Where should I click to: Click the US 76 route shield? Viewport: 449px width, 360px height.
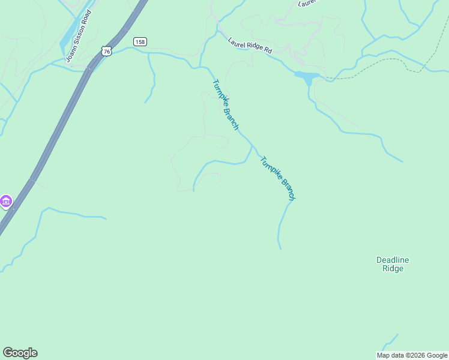click(107, 52)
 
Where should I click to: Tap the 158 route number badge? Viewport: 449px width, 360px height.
click(140, 41)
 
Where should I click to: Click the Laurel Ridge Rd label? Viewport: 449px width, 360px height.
click(250, 46)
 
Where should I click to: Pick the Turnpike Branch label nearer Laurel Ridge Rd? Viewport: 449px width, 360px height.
click(226, 104)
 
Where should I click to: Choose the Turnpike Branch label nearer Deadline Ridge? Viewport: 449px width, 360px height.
click(278, 178)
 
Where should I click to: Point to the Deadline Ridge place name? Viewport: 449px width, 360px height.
click(393, 264)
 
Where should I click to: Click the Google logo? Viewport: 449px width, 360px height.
click(20, 353)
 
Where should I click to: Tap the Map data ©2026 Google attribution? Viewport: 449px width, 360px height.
click(412, 355)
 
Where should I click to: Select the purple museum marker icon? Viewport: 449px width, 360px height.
click(6, 201)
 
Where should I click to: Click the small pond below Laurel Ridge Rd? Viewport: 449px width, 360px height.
click(306, 77)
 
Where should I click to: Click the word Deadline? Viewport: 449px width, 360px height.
click(393, 260)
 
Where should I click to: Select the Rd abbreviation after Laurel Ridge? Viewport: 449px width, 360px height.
click(267, 51)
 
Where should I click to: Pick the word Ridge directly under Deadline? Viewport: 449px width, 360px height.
click(393, 269)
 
